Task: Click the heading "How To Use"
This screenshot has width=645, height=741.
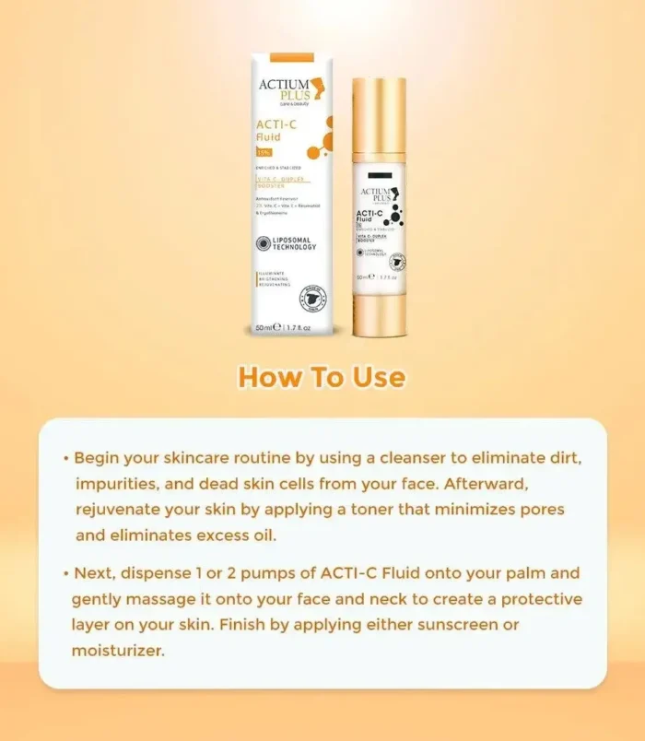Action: point(322,377)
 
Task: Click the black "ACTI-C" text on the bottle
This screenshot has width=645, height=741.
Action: point(370,214)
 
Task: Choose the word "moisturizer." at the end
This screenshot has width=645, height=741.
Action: point(118,651)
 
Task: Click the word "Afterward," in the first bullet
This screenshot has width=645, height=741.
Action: point(511,483)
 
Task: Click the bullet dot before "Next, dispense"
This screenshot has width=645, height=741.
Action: point(66,573)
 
